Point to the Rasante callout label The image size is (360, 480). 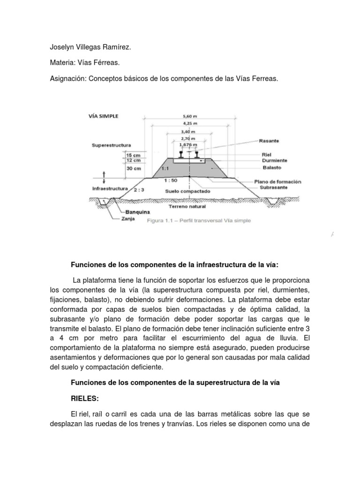click(269, 141)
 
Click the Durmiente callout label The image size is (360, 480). click(274, 160)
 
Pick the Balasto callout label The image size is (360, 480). click(272, 167)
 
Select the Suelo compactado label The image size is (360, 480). click(187, 191)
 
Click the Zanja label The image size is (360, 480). click(121, 219)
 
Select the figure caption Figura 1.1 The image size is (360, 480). click(199, 220)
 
